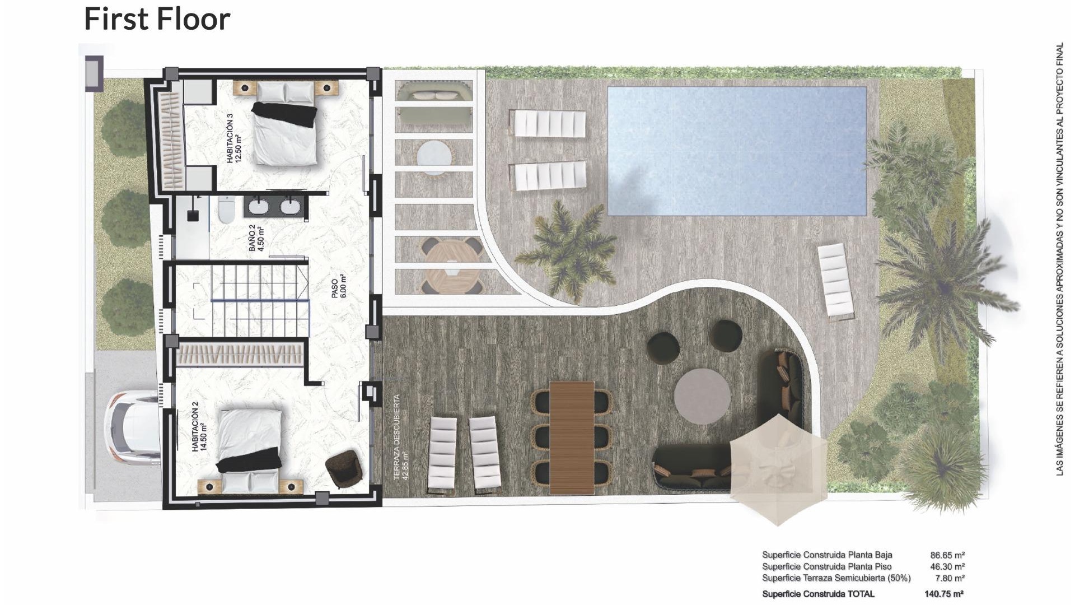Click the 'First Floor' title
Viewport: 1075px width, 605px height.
tap(157, 19)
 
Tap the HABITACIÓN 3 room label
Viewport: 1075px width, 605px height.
tap(233, 138)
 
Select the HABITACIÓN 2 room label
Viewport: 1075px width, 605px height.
tap(199, 430)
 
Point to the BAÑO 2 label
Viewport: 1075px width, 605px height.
tap(256, 238)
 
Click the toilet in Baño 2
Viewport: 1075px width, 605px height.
tap(226, 210)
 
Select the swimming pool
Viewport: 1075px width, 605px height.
tap(736, 150)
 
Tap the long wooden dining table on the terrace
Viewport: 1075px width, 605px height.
tap(572, 438)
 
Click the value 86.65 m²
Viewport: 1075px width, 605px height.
tap(947, 555)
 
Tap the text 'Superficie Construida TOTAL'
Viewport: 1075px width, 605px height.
tap(818, 594)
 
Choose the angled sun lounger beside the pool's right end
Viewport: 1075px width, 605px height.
tap(836, 282)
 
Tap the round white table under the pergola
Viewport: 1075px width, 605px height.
tap(434, 156)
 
